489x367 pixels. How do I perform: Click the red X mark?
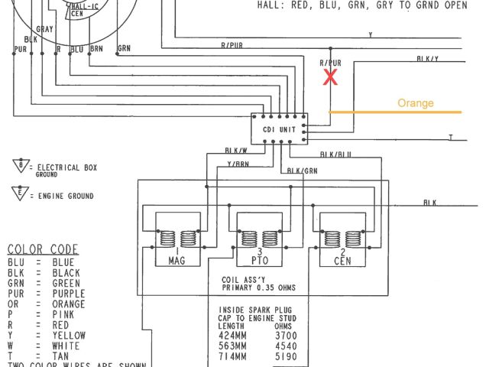pos(330,76)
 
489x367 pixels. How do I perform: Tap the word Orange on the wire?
pos(416,103)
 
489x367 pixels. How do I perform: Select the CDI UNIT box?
pos(279,130)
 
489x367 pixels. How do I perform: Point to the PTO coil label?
pos(258,261)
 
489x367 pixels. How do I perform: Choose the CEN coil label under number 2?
pos(341,261)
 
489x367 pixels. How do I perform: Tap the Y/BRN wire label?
pos(238,163)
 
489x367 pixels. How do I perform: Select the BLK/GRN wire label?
pos(303,170)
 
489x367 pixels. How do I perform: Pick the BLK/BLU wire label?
pos(335,154)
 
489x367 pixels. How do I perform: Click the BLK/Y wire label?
pos(428,59)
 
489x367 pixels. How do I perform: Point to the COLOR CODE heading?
pos(42,249)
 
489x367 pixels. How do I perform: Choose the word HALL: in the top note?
pos(272,4)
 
